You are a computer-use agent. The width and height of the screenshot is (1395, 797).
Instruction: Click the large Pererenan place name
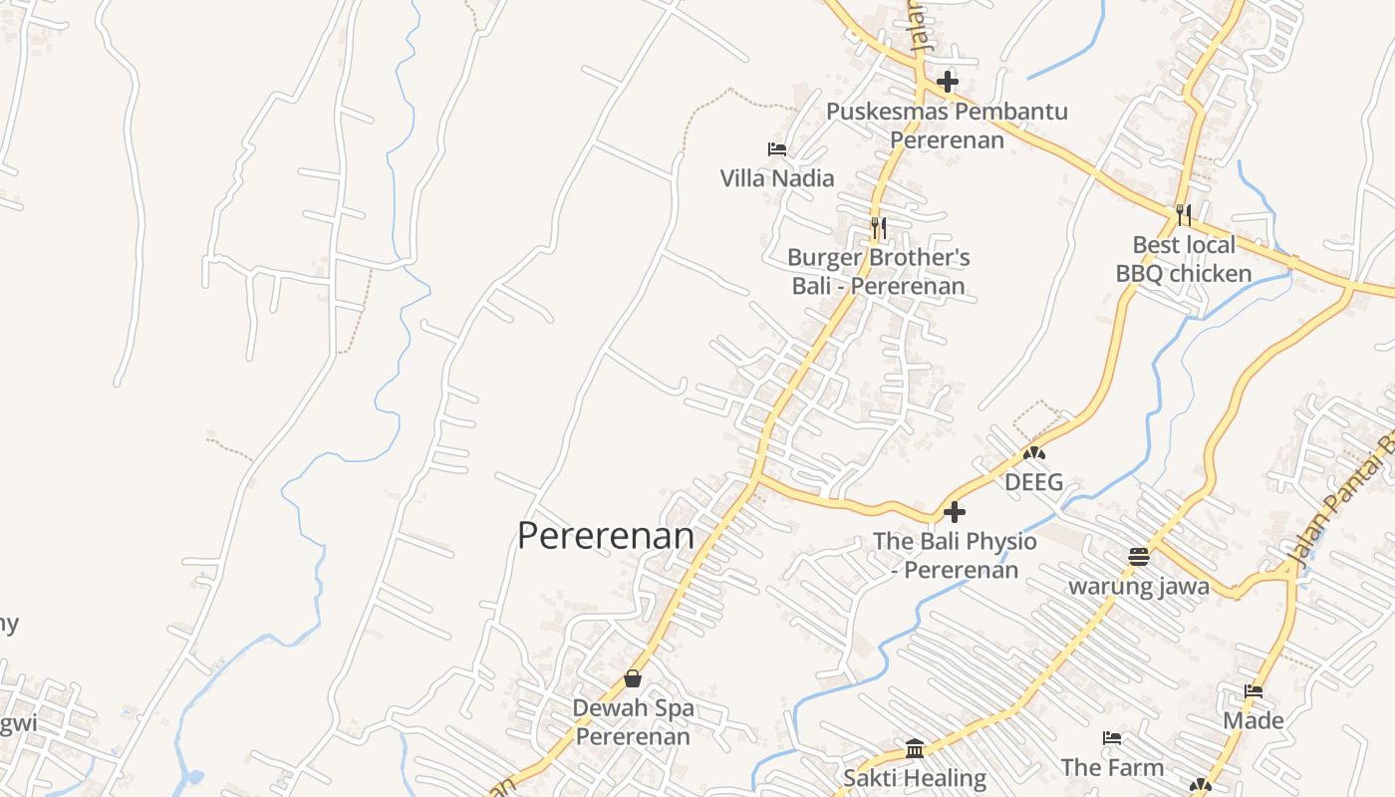pos(606,536)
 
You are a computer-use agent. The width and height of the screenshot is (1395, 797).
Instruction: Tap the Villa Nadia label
pos(777,178)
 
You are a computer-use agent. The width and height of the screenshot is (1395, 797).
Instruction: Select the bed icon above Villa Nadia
pos(777,149)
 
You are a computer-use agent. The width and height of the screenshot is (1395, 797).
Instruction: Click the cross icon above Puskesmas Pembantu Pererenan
pos(948,82)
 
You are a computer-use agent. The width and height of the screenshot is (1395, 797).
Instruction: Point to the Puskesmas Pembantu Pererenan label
pos(947,125)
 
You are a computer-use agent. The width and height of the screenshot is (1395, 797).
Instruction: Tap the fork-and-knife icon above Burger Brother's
pos(878,228)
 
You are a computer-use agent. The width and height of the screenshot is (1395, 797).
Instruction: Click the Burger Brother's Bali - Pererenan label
pos(879,272)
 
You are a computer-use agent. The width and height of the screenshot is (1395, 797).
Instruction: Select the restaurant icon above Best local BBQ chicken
pos(1184,213)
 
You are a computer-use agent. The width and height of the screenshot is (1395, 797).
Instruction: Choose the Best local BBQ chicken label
pos(1184,259)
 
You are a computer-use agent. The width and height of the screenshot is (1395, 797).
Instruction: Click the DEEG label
pos(1033,483)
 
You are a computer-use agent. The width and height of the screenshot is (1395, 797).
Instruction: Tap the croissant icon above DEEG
pos(1034,453)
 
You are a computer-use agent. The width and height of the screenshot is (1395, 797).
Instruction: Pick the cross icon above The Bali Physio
pos(955,512)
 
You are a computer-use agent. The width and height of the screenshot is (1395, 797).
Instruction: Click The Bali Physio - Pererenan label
pos(955,555)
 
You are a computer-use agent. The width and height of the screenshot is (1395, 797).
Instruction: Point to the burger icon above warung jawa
pos(1139,556)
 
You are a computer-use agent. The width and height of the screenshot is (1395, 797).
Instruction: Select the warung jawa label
pos(1139,586)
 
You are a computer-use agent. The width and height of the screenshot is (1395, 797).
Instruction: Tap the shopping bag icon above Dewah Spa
pos(633,678)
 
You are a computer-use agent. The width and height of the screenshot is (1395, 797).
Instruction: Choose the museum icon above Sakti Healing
pos(915,748)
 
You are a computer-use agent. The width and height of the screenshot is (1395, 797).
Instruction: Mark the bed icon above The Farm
pos(1112,738)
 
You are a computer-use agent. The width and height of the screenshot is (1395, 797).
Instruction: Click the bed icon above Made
pos(1254,691)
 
